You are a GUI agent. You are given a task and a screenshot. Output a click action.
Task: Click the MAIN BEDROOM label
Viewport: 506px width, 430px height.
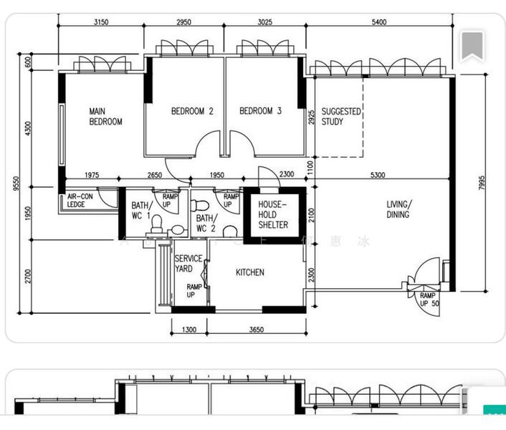[x=105, y=117]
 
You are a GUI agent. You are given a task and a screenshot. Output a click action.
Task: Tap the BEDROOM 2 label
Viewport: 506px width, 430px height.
[x=192, y=111]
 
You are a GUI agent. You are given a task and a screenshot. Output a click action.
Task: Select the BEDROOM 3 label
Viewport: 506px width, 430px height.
[x=260, y=111]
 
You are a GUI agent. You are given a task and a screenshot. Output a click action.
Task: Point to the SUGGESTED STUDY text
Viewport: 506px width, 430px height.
[x=341, y=117]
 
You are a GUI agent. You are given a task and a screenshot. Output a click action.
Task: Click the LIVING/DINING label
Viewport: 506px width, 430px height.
[x=398, y=209]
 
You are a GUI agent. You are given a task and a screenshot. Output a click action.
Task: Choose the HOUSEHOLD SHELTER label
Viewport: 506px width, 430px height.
[x=273, y=214]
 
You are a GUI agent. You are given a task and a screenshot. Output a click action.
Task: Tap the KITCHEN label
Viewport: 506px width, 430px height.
[x=250, y=272]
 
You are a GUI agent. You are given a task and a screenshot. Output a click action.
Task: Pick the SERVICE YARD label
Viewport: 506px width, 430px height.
[x=188, y=264]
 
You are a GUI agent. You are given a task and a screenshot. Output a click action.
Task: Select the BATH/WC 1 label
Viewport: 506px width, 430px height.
[x=140, y=211]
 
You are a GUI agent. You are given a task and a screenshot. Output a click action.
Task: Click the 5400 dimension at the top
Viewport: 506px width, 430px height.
[x=379, y=22]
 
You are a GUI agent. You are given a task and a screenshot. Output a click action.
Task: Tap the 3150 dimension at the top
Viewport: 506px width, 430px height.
[x=101, y=22]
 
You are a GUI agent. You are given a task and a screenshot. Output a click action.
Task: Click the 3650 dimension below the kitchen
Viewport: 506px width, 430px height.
[x=256, y=330]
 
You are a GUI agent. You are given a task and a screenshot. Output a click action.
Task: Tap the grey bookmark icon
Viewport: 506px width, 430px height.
[x=472, y=47]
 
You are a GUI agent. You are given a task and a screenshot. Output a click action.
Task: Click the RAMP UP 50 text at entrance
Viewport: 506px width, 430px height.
[x=429, y=300]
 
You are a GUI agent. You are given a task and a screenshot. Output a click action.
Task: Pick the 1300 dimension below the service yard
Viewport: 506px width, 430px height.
[x=188, y=330]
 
